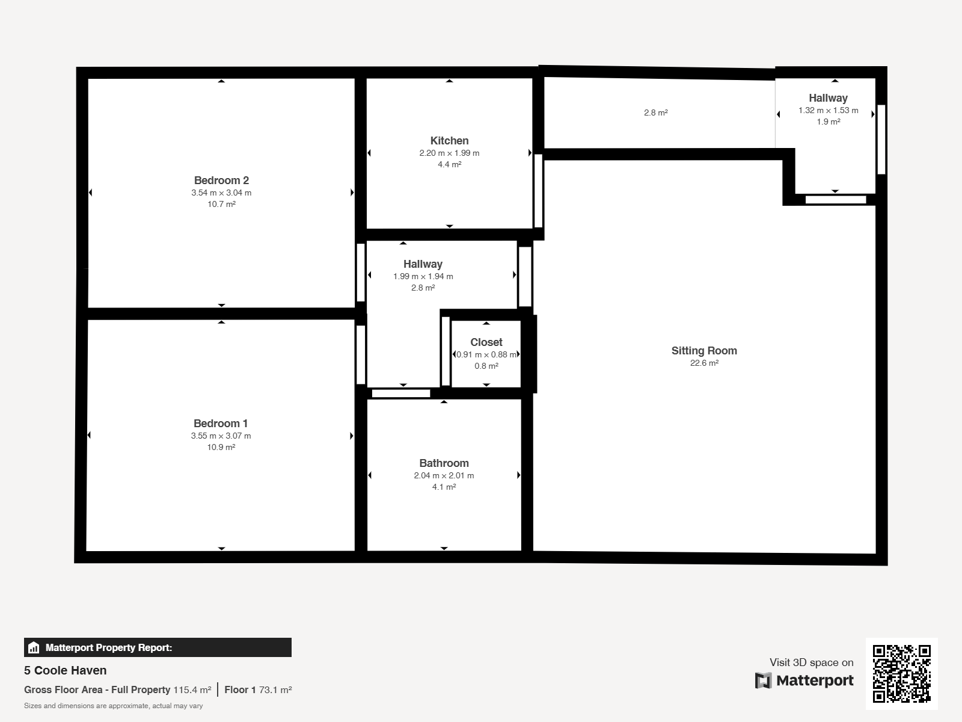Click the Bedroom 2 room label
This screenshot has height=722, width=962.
pos(221,180)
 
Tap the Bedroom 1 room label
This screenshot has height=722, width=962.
pos(221,424)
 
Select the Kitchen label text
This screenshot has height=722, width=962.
pos(449,141)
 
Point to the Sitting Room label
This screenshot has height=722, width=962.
pos(704,351)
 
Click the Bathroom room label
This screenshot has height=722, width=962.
pos(444,463)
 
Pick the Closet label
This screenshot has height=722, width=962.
pos(486,342)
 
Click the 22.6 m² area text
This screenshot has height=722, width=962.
pos(704,363)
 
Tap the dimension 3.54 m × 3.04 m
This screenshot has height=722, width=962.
pos(221,193)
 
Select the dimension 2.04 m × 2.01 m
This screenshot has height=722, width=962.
pos(444,476)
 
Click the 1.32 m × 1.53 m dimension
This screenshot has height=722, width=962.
pos(829,111)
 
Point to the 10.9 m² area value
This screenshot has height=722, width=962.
pos(221,447)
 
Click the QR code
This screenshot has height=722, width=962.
pos(901,673)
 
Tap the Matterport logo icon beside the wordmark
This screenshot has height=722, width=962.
pos(763,680)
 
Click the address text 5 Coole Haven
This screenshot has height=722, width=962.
pos(66,670)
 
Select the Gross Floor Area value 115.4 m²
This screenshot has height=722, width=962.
pos(192,690)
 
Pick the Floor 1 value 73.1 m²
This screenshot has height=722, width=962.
pos(275,690)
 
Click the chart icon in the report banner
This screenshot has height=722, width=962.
pos(34,647)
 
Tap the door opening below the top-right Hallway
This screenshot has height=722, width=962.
pos(836,200)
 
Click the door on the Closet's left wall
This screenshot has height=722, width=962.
pos(446,351)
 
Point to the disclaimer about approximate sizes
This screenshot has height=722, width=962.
pos(114,706)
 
